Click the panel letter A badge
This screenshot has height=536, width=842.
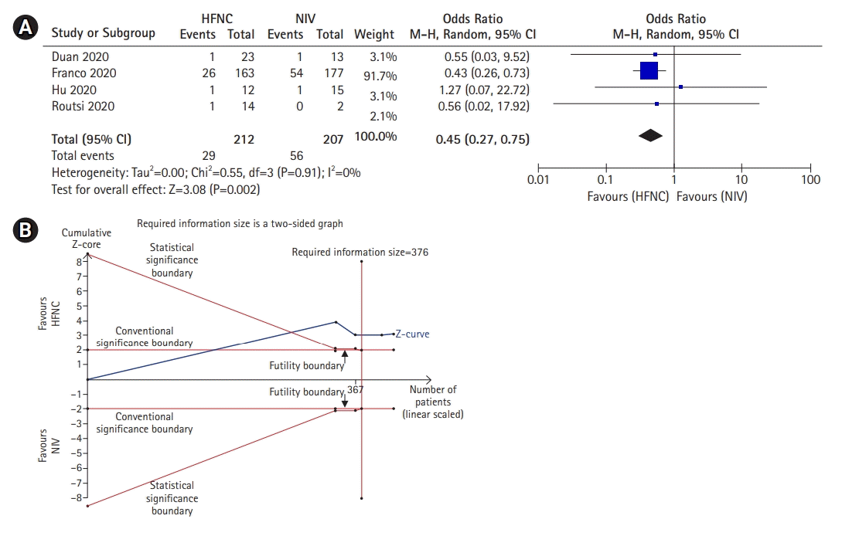click(25, 29)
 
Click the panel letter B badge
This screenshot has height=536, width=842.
click(25, 230)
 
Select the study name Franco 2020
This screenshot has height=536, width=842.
click(84, 73)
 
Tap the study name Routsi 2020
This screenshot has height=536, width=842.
click(83, 106)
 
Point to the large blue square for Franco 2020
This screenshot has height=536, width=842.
click(649, 71)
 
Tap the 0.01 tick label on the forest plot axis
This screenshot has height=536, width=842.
click(538, 181)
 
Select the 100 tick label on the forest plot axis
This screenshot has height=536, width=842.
click(810, 181)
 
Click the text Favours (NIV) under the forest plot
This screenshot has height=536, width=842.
click(712, 196)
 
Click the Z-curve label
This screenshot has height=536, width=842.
click(412, 334)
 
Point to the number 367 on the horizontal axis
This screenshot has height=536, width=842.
click(355, 390)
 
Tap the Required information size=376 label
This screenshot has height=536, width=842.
click(360, 252)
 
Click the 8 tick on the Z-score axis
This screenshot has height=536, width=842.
click(78, 262)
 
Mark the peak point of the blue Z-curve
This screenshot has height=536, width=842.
click(336, 321)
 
